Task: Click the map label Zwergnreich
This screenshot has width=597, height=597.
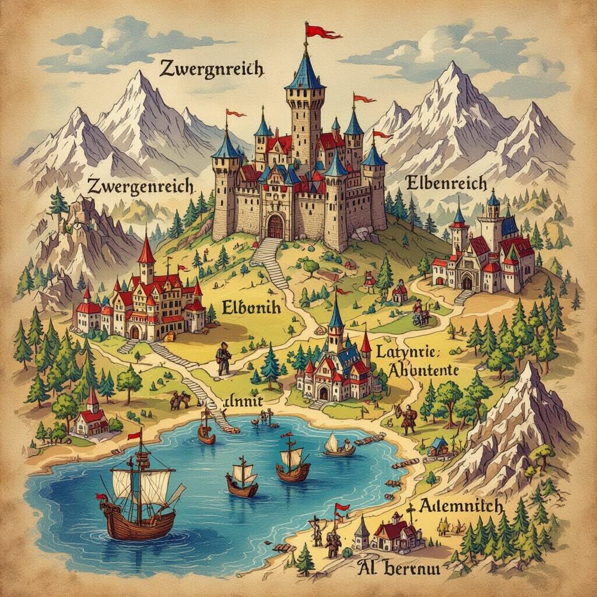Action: pyautogui.click(x=211, y=69)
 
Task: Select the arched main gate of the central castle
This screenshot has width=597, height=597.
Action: pyautogui.click(x=275, y=226)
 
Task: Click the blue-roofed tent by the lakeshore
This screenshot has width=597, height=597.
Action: pyautogui.click(x=438, y=445)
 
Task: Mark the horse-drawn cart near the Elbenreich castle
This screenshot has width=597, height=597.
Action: pyautogui.click(x=421, y=314)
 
